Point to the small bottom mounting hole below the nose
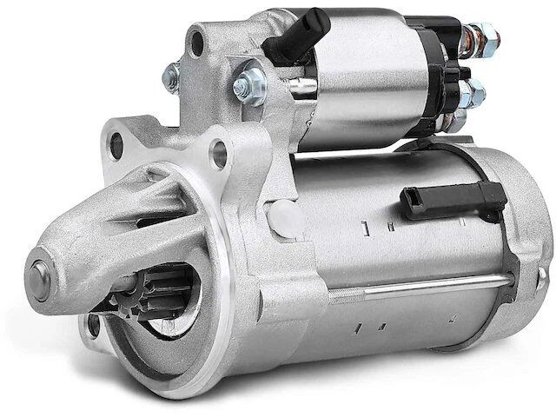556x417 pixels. [x=95, y=327]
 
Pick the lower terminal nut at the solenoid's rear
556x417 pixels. [x=474, y=91]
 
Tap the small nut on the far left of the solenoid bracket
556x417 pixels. [x=171, y=76]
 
